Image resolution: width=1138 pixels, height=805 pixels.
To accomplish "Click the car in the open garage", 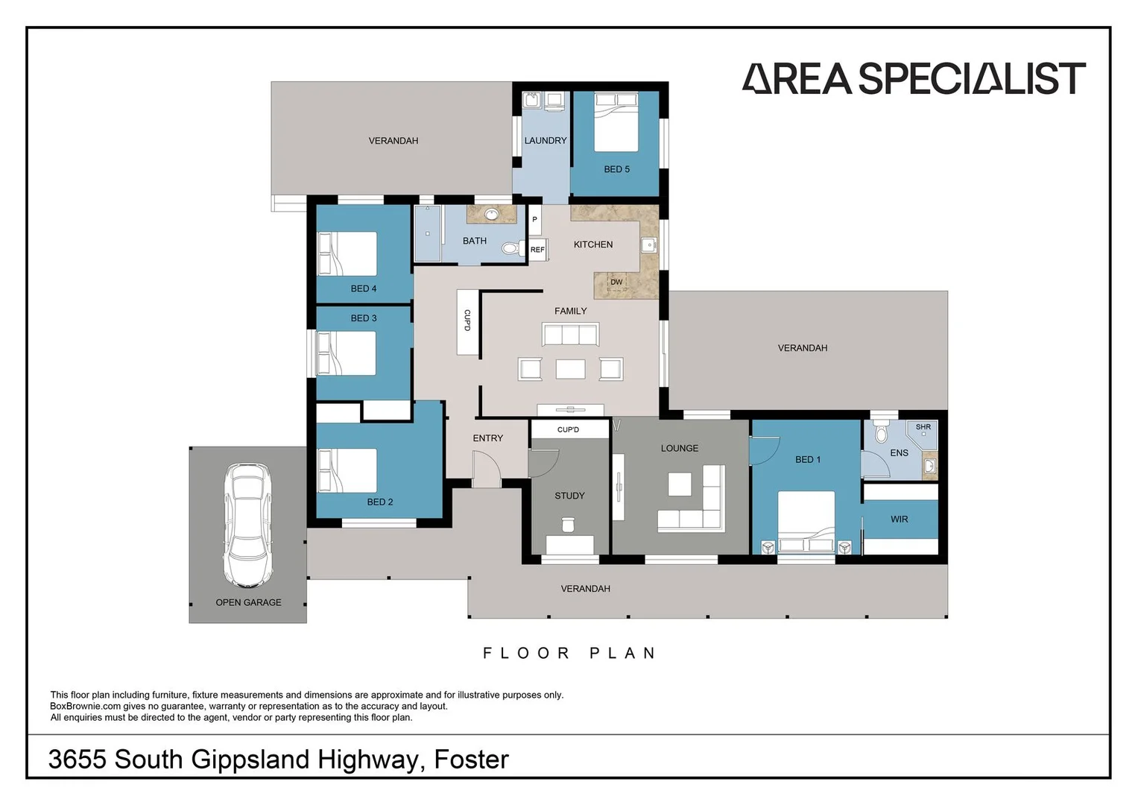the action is pyautogui.click(x=247, y=525).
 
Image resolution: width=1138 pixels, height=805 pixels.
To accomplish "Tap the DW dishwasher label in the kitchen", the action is pyautogui.click(x=616, y=282).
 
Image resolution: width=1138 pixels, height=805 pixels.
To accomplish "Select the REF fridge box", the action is pyautogui.click(x=537, y=250).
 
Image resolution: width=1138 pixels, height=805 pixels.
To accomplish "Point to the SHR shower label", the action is pyautogui.click(x=923, y=427).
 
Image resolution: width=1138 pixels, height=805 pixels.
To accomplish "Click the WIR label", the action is pyautogui.click(x=900, y=520).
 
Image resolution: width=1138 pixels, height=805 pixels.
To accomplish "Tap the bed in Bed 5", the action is pyautogui.click(x=616, y=122).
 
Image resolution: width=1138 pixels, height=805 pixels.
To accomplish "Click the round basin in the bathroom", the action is pyautogui.click(x=491, y=215).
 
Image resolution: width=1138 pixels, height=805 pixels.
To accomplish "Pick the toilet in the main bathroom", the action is pyautogui.click(x=513, y=248).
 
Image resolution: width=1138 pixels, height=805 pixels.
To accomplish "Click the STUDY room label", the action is pyautogui.click(x=569, y=496).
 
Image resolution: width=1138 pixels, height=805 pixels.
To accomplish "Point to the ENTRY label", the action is pyautogui.click(x=487, y=438).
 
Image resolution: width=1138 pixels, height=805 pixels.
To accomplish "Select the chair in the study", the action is pyautogui.click(x=568, y=525).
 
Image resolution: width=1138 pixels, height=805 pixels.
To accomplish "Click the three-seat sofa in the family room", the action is pyautogui.click(x=571, y=335).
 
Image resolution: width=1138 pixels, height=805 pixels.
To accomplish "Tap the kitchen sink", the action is pyautogui.click(x=649, y=245).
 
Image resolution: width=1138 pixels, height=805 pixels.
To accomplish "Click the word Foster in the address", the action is pyautogui.click(x=472, y=760).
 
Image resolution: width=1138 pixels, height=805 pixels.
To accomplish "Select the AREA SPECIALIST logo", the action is pyautogui.click(x=914, y=78).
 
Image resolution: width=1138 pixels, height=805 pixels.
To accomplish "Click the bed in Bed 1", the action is pyautogui.click(x=806, y=522).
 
